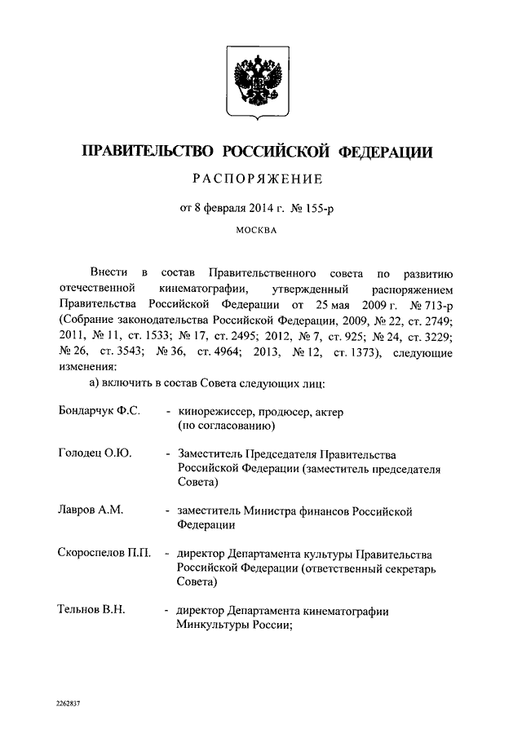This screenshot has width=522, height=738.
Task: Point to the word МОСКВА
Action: [257, 230]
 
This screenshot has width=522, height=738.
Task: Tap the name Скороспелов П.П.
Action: [104, 554]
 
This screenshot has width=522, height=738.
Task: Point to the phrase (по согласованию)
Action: [226, 426]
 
